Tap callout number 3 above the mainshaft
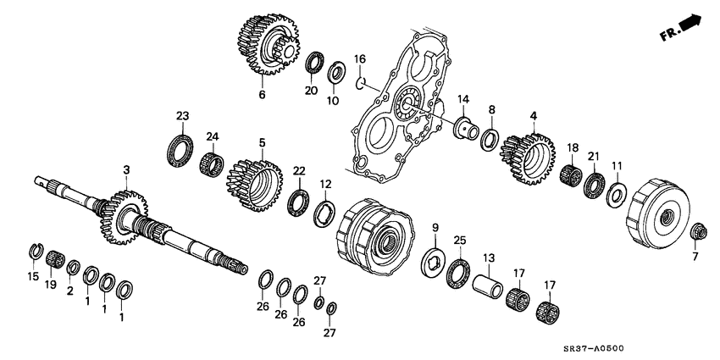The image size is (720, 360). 126,171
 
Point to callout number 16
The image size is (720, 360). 359,58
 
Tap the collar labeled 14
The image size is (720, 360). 465,130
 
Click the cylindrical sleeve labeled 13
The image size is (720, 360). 488,283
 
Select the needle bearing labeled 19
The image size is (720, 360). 56,258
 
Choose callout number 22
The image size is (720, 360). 298,172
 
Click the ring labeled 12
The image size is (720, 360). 324,212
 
